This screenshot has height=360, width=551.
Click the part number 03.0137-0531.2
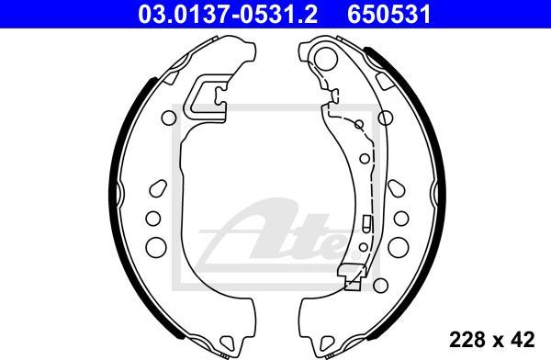pos(228,14)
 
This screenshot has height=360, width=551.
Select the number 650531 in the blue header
pos(389,14)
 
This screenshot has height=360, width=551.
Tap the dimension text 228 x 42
pos(492,339)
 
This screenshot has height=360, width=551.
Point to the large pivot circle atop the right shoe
pos(325,58)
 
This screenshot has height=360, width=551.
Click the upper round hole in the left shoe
pos(169,118)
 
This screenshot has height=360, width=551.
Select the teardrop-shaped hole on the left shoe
pos(158,188)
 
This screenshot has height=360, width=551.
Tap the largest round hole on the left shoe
pos(156,247)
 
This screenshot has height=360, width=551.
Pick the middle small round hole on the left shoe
pos(153,219)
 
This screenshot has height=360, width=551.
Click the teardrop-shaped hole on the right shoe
pos(397,188)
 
